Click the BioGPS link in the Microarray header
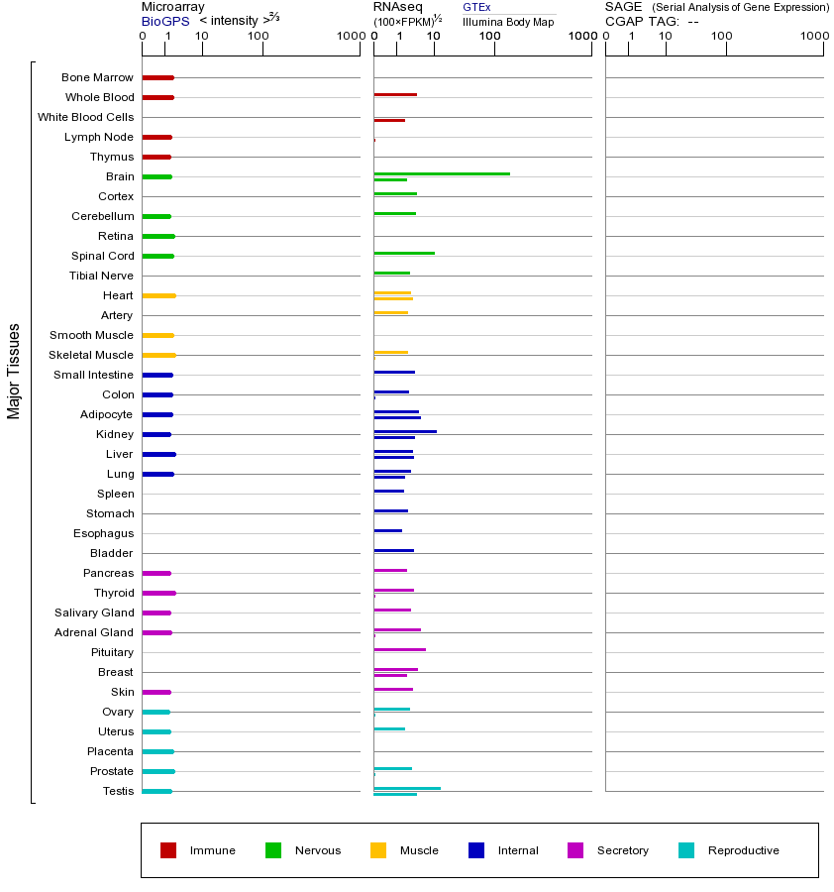(x=164, y=21)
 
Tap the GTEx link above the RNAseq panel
(x=476, y=7)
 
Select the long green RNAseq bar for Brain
(x=442, y=173)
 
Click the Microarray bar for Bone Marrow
(x=157, y=77)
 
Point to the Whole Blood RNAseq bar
(x=395, y=94)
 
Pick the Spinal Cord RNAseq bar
(x=404, y=253)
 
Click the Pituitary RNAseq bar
(x=399, y=649)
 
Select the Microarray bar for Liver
(x=158, y=454)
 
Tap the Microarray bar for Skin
(x=156, y=692)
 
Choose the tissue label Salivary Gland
(x=94, y=613)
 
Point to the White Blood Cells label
(x=85, y=117)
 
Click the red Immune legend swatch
(x=168, y=850)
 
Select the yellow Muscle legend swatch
(x=378, y=850)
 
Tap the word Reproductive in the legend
(x=743, y=850)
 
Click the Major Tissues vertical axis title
(x=14, y=371)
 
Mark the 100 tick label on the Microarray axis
(x=258, y=38)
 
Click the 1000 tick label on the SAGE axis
(x=814, y=38)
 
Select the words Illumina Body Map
(x=508, y=22)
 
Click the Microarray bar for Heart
(x=158, y=295)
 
